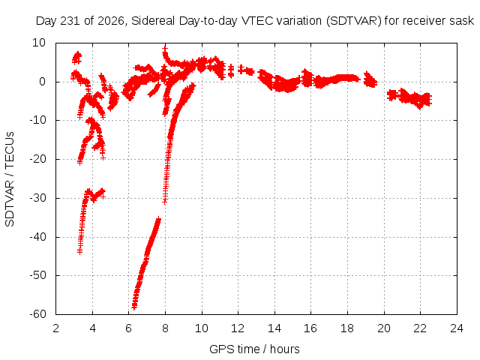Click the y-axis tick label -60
click(37, 314)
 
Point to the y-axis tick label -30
click(37, 198)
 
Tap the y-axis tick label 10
click(39, 43)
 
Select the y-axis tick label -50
click(37, 275)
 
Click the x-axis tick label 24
click(457, 328)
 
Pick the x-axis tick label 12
click(238, 328)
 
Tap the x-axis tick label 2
click(55, 328)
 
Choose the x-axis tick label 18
click(347, 328)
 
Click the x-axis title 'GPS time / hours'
click(254, 349)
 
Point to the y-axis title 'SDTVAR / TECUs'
click(10, 179)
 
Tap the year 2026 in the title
click(111, 21)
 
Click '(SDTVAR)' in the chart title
click(353, 21)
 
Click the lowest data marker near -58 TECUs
click(134, 307)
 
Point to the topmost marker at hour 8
click(165, 48)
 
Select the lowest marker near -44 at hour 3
click(80, 251)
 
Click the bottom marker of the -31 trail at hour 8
click(165, 201)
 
